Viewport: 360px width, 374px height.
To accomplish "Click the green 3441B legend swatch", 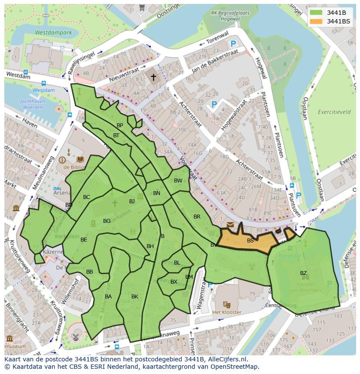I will (x=316, y=13).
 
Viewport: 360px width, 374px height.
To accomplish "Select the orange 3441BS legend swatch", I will (x=316, y=21).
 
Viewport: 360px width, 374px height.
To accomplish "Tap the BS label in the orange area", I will (x=250, y=240).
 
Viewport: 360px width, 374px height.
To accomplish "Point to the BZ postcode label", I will (x=303, y=273).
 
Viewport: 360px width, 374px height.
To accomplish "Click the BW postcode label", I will (x=178, y=181).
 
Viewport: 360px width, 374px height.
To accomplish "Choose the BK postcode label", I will (x=135, y=297).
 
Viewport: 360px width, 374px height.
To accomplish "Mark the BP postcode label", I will (x=120, y=125).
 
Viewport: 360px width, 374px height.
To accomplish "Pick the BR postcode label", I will (x=197, y=216).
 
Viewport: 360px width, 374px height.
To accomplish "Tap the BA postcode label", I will (x=108, y=297).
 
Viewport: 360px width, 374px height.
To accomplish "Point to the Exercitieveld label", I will (x=334, y=112).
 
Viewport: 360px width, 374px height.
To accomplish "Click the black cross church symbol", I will (x=153, y=77).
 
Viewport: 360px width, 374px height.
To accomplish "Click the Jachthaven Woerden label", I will (x=32, y=104).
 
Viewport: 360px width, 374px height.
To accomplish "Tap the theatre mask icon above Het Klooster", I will (x=226, y=304).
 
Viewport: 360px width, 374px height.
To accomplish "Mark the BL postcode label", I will (x=177, y=263).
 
